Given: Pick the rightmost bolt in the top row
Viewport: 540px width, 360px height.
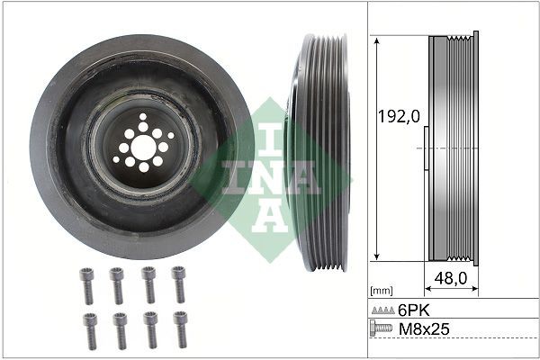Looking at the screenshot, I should (x=179, y=285).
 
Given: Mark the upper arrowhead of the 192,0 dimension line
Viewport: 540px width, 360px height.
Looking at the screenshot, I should (x=373, y=41).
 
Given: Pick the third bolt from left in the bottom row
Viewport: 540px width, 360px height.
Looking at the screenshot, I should (x=150, y=329).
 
